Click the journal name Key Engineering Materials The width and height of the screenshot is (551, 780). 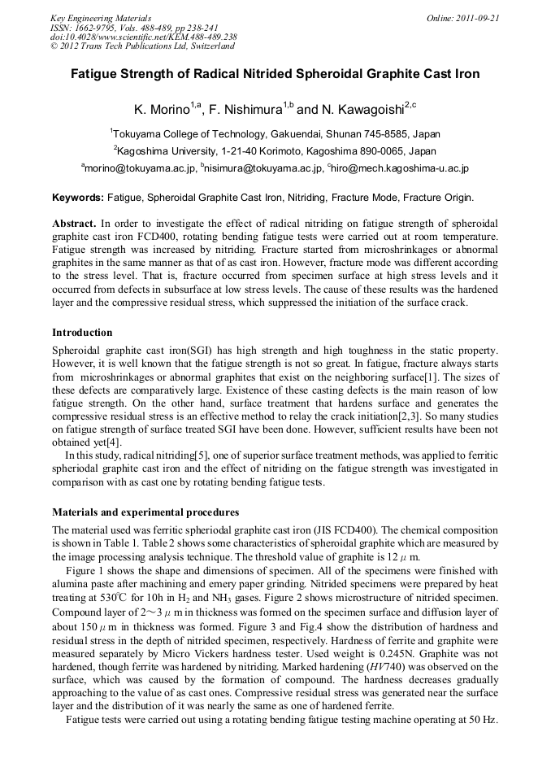pyautogui.click(x=100, y=17)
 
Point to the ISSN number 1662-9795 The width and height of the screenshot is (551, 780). pyautogui.click(x=98, y=27)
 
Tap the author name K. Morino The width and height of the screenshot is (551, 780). pyautogui.click(x=161, y=109)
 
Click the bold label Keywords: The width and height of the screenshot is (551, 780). pyautogui.click(x=78, y=198)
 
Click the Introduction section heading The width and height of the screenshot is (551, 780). pyautogui.click(x=82, y=333)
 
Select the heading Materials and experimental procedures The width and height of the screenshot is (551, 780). pyautogui.click(x=145, y=512)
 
